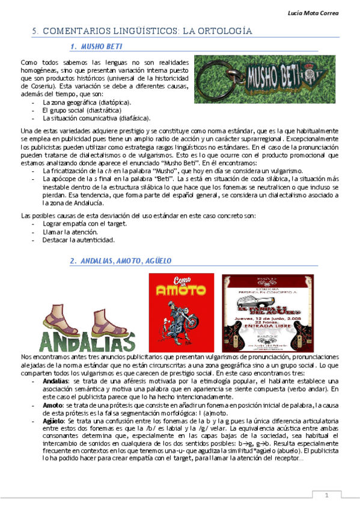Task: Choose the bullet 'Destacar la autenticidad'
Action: pos(78,239)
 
